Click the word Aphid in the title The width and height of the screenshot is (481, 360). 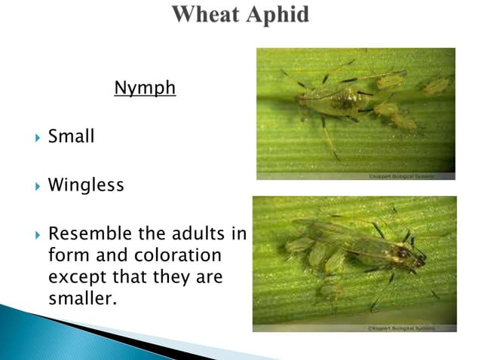point(277,15)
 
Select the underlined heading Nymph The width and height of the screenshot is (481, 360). point(145,89)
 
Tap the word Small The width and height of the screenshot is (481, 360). point(72,137)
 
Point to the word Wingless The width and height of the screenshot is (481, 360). point(86,185)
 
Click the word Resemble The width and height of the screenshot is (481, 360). point(86,234)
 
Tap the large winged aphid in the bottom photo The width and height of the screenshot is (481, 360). point(384,251)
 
